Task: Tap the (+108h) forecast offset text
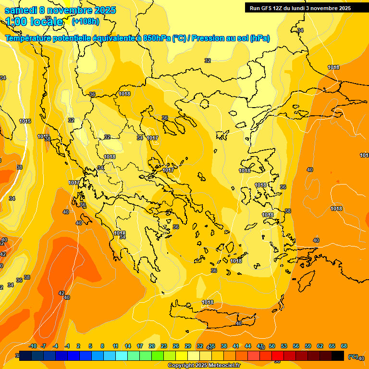click(86, 21)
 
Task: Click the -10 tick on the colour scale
click(33, 346)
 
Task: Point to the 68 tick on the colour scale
click(344, 346)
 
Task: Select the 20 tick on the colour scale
click(152, 346)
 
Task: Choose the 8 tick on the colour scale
click(102, 346)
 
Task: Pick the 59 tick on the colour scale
click(308, 346)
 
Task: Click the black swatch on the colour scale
click(338, 355)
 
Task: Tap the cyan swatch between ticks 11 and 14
click(122, 355)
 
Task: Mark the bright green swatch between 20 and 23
click(158, 355)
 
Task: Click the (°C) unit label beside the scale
click(353, 357)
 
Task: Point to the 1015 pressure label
click(25, 121)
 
